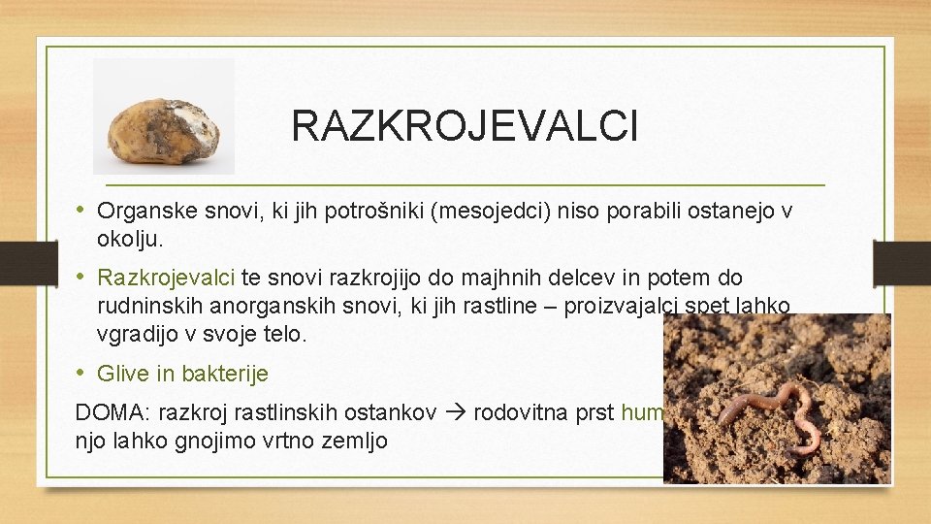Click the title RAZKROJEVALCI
465,126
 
